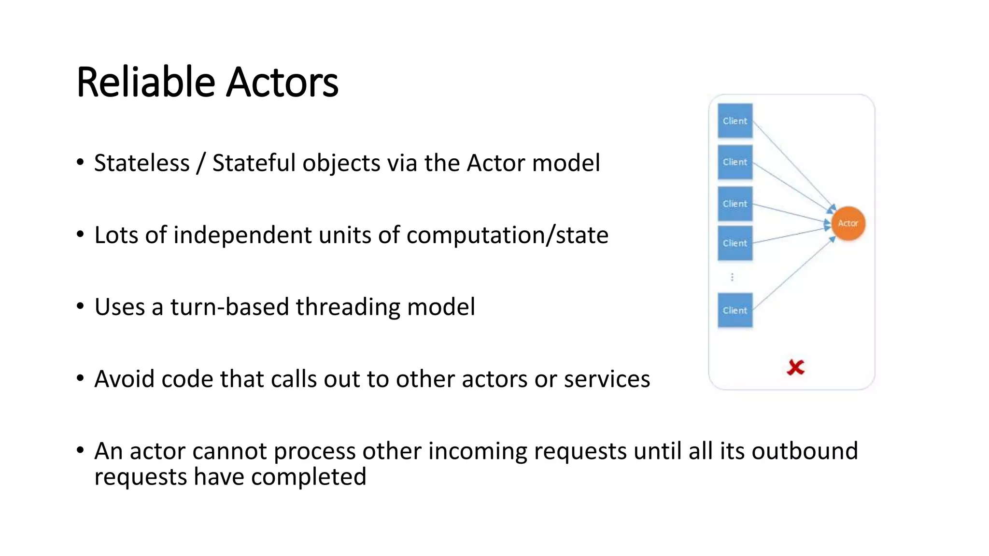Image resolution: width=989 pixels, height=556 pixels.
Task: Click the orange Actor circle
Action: point(848,223)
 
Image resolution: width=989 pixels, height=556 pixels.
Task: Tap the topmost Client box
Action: point(735,121)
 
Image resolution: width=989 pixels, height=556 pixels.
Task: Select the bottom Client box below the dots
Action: point(735,310)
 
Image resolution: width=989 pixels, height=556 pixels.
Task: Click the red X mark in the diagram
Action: point(795,367)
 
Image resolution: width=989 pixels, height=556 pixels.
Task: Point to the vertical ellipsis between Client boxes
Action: point(732,277)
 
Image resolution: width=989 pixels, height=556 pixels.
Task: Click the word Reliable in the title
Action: point(145,82)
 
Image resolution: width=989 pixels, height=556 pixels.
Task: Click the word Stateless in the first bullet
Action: point(141,163)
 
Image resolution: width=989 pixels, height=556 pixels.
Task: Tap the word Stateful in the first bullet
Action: point(254,163)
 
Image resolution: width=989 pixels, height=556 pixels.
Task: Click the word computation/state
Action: point(507,235)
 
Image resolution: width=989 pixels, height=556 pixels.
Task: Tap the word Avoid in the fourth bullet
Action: point(125,379)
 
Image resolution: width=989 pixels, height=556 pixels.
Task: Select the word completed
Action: point(309,477)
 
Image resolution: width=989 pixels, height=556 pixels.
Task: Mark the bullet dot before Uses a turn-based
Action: point(80,306)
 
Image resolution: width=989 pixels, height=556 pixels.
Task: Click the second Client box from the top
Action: point(735,162)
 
